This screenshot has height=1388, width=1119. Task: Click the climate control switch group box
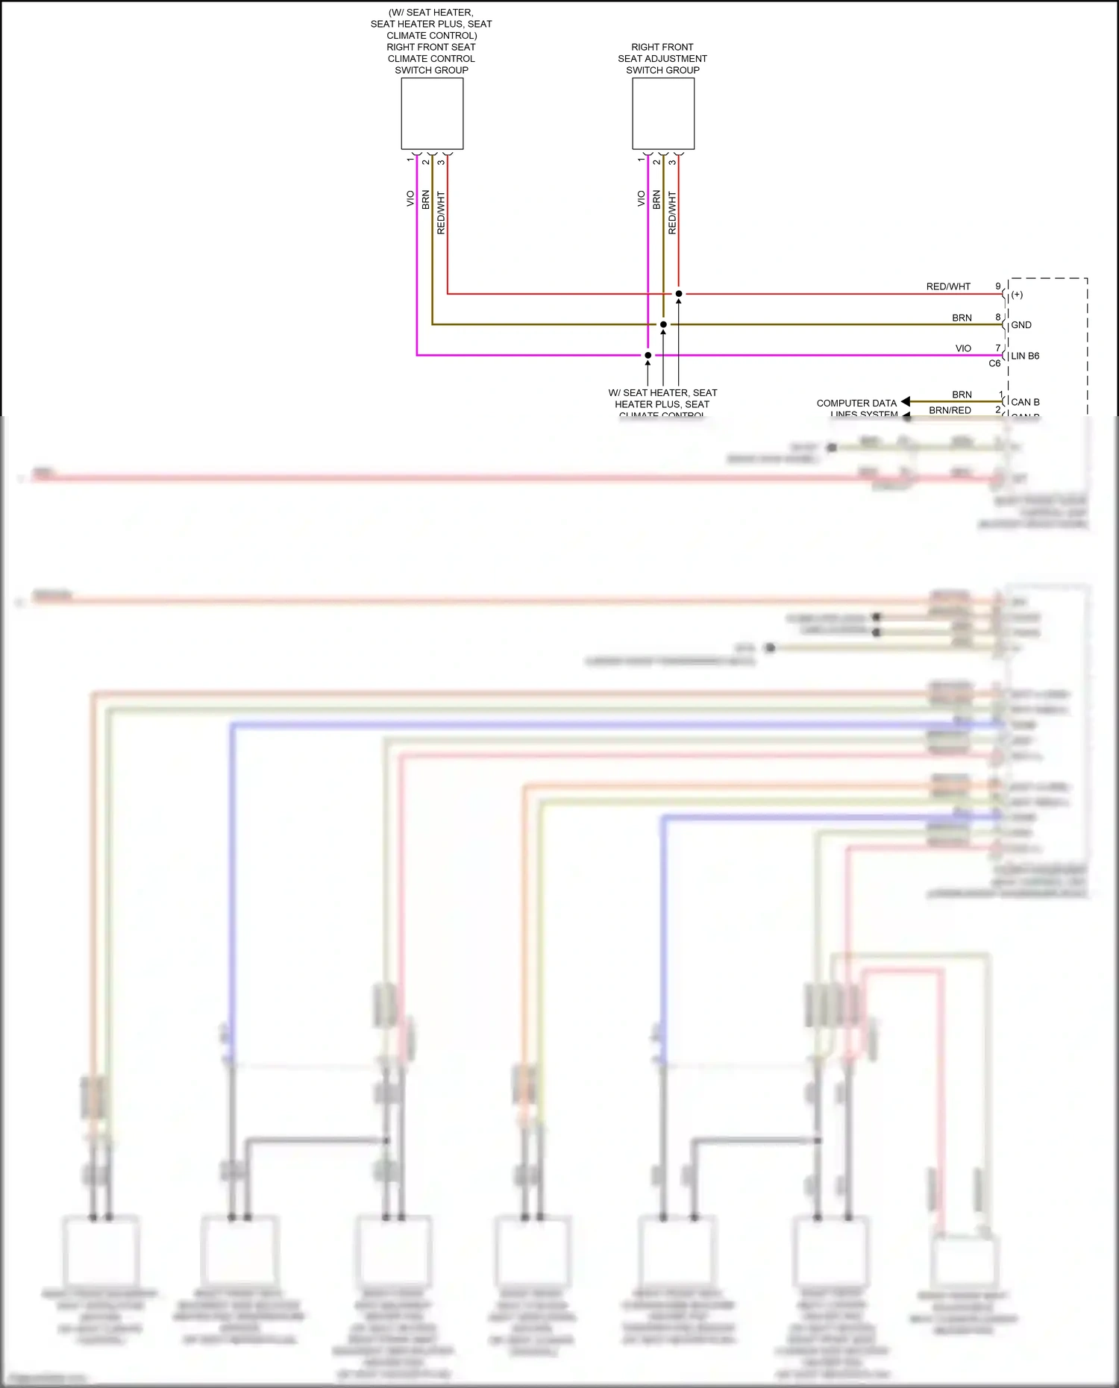[x=432, y=113]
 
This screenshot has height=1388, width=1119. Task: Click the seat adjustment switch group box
[x=663, y=113]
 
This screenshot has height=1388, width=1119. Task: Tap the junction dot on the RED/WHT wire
[x=679, y=294]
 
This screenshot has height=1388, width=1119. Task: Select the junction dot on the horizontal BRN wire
[x=663, y=324]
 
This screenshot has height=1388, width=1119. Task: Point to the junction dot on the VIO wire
[x=648, y=355]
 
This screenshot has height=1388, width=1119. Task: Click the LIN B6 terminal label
[x=1025, y=356]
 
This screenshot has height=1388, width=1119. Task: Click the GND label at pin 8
[x=1021, y=325]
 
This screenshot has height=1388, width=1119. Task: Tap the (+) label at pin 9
[x=1017, y=295]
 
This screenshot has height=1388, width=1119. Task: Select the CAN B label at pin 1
[x=1025, y=402]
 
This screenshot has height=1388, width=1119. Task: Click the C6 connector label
[x=994, y=364]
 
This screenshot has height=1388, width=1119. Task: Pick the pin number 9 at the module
[x=998, y=286]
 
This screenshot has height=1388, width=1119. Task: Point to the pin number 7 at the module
[x=998, y=348]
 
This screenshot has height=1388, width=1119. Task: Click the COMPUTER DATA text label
[x=856, y=403]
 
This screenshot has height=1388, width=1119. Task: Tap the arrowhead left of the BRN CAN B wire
[x=906, y=402]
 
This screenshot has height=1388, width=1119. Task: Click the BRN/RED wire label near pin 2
[x=950, y=410]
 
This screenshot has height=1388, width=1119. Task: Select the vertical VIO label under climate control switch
[x=410, y=199]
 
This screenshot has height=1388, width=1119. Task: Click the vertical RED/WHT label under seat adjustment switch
[x=672, y=213]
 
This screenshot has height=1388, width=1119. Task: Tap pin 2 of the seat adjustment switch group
[x=656, y=162]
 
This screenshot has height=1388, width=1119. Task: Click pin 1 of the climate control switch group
[x=410, y=160]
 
